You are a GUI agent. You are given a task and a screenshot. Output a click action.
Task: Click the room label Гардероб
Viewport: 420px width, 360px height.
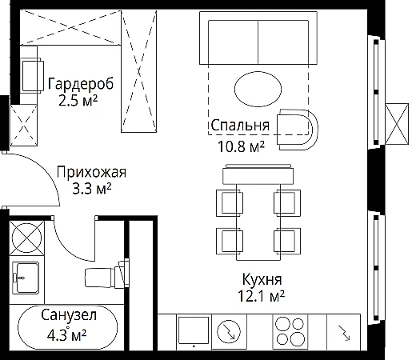coord(81,84)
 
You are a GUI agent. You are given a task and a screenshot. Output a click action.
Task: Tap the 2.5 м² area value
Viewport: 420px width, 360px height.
coord(78,101)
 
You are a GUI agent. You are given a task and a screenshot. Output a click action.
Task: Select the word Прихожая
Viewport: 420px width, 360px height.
coord(91,172)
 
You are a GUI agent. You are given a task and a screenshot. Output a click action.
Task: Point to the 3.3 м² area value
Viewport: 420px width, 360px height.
coord(92,189)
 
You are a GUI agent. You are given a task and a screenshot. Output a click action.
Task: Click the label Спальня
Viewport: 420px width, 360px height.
coord(240,125)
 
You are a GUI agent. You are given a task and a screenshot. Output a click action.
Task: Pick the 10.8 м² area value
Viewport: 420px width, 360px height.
coord(241,146)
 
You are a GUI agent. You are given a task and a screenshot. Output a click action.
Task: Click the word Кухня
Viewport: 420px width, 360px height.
coord(262,279)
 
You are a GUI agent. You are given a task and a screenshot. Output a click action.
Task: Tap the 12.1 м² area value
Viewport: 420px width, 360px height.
coord(261,296)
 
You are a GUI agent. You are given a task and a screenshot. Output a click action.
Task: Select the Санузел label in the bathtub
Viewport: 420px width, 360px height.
coord(69,315)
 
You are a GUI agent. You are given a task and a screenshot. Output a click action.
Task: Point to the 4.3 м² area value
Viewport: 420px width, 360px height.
coord(66,335)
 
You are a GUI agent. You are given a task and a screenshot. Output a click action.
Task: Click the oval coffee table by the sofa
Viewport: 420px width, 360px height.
coord(258,89)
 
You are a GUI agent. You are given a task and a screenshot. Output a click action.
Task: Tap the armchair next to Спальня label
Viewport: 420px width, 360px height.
coord(298,130)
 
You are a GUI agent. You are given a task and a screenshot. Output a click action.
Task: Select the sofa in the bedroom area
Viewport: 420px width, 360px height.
coord(258,38)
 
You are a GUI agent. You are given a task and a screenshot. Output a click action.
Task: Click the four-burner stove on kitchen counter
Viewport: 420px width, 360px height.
coord(290,331)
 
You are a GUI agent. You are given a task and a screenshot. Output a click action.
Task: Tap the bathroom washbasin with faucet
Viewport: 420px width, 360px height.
coord(26,278)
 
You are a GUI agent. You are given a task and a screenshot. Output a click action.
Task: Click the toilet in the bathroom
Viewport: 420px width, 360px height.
coord(106,274)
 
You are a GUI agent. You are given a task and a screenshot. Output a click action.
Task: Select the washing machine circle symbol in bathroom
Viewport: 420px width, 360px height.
coord(26,238)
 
